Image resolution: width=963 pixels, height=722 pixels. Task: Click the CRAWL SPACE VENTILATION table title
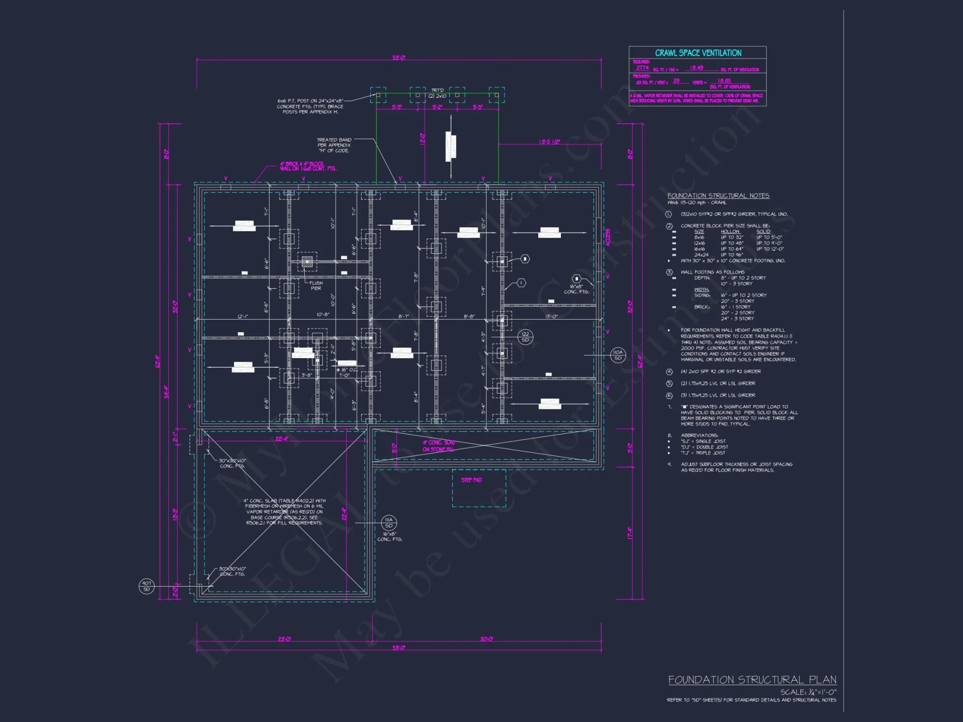coord(698,53)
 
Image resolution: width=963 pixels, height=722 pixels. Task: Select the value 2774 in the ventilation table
coord(642,68)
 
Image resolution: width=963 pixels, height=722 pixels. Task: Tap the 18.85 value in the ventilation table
coord(724,81)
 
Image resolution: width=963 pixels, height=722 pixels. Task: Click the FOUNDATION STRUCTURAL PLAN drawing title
coord(752,680)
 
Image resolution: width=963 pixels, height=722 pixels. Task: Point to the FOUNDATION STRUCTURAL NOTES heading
coord(718,195)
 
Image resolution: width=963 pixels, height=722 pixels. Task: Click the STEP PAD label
coord(471,480)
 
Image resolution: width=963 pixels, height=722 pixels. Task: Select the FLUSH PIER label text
coord(316,286)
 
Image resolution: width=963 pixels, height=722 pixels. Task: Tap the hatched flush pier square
coord(307,262)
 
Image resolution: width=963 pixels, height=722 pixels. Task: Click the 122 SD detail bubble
coord(525,337)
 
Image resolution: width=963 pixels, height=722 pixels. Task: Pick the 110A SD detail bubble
coord(618,355)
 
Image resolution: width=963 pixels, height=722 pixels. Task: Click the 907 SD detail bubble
coord(146,586)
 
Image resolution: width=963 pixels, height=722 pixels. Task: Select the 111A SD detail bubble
coord(389,523)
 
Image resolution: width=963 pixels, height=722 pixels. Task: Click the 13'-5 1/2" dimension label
coord(549,142)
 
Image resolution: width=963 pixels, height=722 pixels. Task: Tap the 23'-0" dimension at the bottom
coord(284,639)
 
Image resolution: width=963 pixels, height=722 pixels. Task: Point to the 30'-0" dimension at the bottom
coord(486,639)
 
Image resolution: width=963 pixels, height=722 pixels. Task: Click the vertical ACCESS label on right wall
coord(608,237)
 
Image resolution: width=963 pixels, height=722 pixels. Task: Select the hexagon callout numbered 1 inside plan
coord(521,283)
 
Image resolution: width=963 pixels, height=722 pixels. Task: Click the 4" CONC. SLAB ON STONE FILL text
coord(438,446)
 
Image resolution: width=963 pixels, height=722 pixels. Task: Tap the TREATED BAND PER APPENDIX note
coord(334,145)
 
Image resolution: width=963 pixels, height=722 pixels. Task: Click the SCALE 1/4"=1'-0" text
coord(808,692)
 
